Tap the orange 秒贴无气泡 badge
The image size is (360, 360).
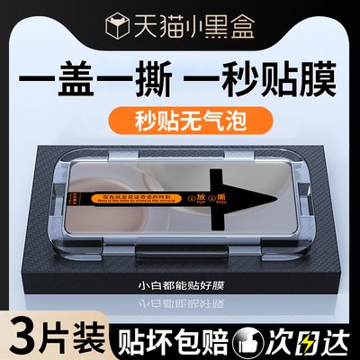tap(180, 116)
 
